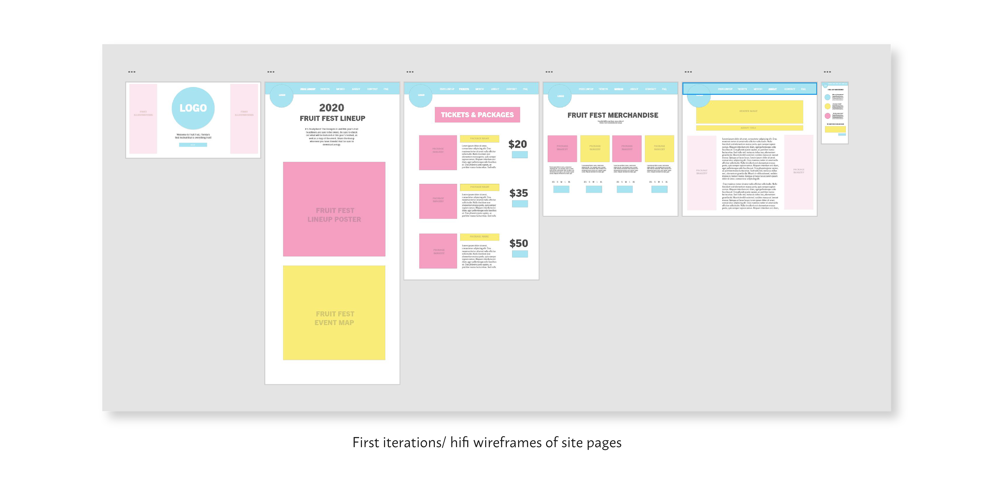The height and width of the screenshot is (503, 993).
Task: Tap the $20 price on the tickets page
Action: (x=517, y=144)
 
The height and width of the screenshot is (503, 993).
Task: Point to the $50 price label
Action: (x=518, y=243)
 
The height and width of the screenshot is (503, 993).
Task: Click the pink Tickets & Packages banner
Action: (x=477, y=115)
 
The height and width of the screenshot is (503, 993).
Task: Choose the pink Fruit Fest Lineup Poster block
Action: (x=334, y=209)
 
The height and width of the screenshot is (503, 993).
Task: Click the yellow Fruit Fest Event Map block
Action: (x=334, y=313)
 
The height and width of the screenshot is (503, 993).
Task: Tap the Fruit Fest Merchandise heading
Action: (x=613, y=115)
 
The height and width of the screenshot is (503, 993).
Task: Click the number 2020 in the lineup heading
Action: (x=332, y=108)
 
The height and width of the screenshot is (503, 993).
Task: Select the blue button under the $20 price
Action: (x=520, y=155)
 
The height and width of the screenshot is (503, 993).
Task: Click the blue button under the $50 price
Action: (x=520, y=254)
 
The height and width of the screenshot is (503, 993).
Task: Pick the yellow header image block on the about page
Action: (x=749, y=112)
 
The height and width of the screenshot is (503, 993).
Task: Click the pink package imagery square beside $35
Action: (x=438, y=201)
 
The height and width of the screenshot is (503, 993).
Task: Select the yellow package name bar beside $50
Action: (x=479, y=237)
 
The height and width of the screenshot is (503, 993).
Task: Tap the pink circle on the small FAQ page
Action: (x=827, y=116)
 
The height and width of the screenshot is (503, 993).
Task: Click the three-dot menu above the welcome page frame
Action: (x=131, y=72)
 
